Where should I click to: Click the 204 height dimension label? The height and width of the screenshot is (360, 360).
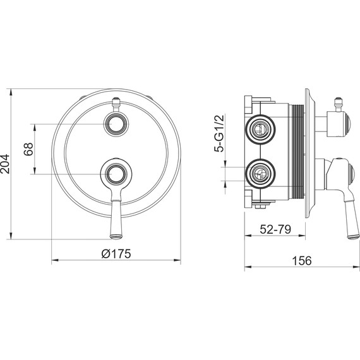tap(5, 164)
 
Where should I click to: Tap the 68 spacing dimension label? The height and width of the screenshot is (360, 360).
tap(28, 149)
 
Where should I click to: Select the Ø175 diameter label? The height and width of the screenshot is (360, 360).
tap(116, 253)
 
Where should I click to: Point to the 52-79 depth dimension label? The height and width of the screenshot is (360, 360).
tap(275, 229)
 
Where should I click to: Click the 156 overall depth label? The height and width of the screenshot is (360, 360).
tap(302, 261)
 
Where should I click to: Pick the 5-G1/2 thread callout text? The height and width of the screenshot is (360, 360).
tap(219, 133)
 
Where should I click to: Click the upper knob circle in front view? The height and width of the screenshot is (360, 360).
tap(116, 124)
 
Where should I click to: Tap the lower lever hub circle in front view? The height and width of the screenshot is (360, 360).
tap(116, 174)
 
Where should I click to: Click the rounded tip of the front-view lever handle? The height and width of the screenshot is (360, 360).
tap(116, 236)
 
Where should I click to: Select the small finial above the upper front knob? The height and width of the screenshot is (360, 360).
tap(116, 104)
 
